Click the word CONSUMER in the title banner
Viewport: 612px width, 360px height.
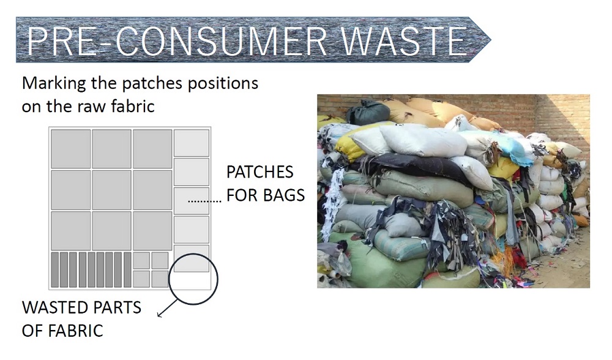tap(222, 40)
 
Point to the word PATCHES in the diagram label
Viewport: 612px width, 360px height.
tap(260, 172)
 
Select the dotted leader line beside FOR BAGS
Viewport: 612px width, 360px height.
tap(204, 201)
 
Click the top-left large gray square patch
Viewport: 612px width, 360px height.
tap(71, 149)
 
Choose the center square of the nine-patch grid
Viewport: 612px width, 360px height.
tap(111, 190)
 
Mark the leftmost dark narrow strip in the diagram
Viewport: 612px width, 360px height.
tap(55, 270)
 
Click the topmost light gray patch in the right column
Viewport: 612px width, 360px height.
tap(192, 143)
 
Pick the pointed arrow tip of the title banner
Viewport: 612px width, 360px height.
tap(490, 39)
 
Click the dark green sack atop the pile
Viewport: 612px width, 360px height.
tap(368, 112)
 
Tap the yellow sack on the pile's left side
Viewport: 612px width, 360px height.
tap(348, 145)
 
